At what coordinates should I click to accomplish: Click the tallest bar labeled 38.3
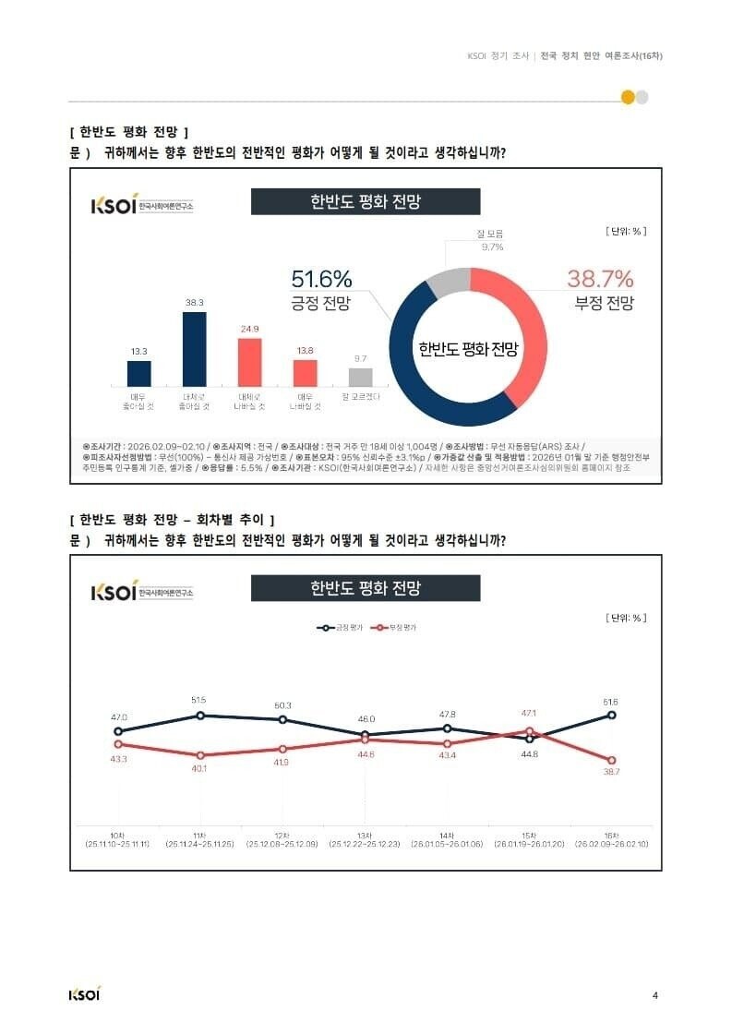coord(194,348)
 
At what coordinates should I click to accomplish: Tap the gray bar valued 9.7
coord(361,376)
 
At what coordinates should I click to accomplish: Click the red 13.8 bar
coord(306,372)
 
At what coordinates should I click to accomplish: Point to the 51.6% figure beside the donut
coord(321,279)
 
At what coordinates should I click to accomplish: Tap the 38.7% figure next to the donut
coord(600,279)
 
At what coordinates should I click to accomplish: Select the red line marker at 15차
coord(530,731)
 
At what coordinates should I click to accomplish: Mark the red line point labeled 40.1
coord(199,755)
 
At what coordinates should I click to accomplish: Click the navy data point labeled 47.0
coord(118,731)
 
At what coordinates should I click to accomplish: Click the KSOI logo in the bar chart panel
coord(114,205)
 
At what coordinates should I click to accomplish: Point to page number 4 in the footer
coord(654,994)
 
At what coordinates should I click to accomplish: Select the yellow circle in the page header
coord(628,97)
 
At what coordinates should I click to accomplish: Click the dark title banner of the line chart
coord(366,588)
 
